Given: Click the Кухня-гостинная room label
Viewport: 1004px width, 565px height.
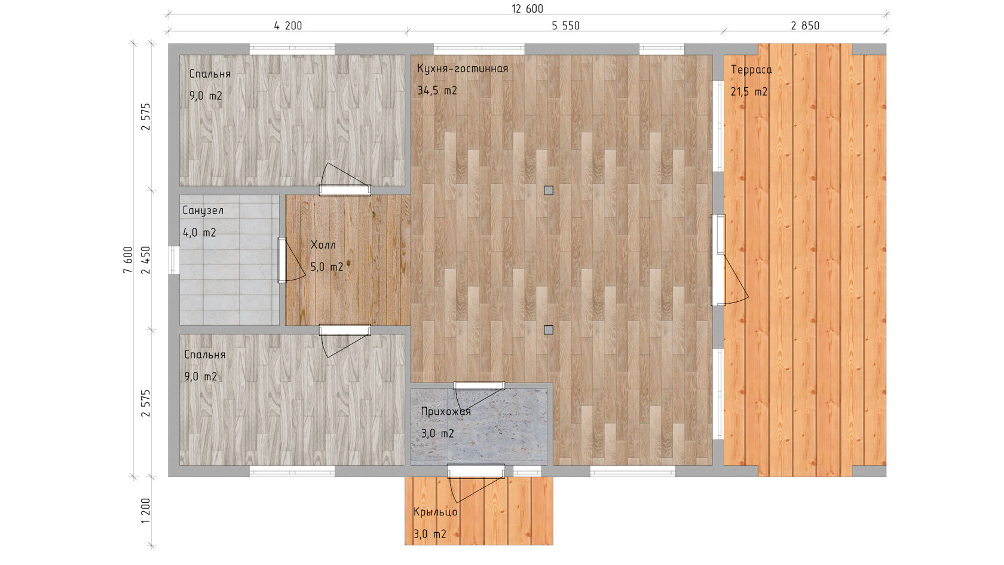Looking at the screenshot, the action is tap(463, 69).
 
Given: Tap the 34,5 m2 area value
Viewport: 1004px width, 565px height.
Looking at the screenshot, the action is tap(437, 91).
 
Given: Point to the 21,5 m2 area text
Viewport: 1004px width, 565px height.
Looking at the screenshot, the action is tap(749, 92).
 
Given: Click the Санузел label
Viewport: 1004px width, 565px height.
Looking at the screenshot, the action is tap(203, 210).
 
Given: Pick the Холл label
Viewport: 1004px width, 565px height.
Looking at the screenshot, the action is tap(323, 245).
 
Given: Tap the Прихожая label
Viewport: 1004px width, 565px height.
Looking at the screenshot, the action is tap(446, 411).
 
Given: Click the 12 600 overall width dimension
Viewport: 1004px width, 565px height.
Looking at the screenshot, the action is tap(527, 9).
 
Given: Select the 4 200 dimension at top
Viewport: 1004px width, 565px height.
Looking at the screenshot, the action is tap(288, 26).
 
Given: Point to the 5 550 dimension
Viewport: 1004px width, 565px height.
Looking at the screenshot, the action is tap(565, 26).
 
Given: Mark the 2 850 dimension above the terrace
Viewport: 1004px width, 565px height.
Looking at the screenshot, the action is tap(805, 26).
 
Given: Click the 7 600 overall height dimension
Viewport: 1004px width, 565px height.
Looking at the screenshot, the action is tap(128, 260).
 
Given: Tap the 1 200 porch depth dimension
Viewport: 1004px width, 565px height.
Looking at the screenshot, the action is tap(146, 511).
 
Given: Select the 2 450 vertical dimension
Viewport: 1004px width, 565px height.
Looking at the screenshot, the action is tap(146, 260).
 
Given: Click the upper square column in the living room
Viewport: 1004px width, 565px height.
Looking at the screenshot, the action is tap(549, 191).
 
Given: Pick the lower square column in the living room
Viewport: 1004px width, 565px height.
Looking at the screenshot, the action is tap(549, 330).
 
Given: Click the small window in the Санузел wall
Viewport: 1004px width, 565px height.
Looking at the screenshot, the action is tap(174, 260).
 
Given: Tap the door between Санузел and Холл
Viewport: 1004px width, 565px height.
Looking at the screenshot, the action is tap(282, 260).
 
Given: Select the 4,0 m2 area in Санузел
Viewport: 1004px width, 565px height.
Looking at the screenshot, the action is tap(200, 233).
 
